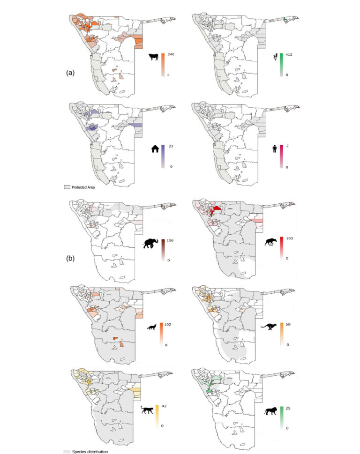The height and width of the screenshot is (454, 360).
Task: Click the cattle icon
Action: coord(153,58)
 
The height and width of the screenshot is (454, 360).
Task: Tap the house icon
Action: coord(153,149)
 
